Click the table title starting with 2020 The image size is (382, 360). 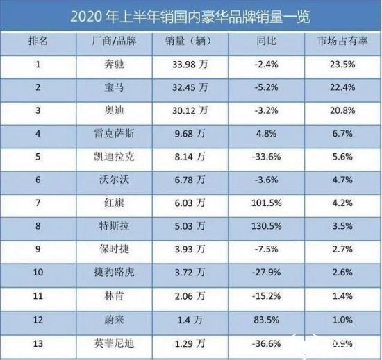click(190, 17)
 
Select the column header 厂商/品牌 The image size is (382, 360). click(114, 41)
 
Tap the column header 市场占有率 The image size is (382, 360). click(342, 41)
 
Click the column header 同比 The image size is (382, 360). click(266, 41)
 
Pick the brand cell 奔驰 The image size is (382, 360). click(114, 65)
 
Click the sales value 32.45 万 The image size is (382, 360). click(190, 87)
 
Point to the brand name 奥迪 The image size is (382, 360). click(114, 111)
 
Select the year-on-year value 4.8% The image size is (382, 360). click(266, 134)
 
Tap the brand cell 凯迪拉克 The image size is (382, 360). click(114, 157)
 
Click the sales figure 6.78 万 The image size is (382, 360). click(190, 180)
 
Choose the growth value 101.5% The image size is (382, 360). click(266, 203)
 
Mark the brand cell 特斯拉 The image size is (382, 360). click(114, 226)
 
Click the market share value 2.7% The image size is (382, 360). click(342, 249)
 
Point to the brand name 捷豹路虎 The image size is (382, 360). click(114, 272)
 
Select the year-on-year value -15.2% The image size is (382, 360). click(266, 296)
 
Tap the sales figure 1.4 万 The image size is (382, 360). click(190, 320)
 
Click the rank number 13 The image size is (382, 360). click(38, 344)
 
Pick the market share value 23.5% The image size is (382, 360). click(342, 65)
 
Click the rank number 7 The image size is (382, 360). click(38, 203)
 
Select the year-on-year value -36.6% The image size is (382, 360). click(266, 344)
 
